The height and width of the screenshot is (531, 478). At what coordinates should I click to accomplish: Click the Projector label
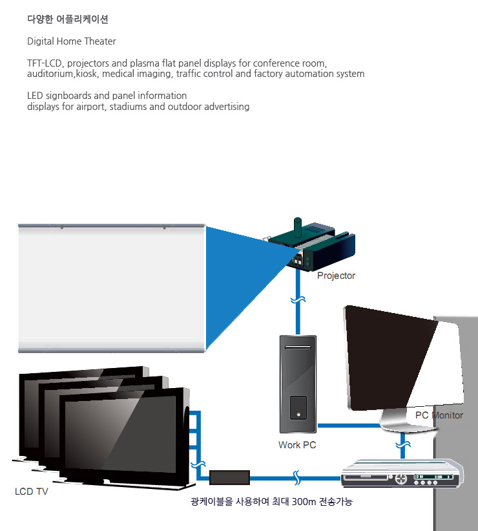336,276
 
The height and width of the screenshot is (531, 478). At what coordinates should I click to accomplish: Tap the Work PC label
297,445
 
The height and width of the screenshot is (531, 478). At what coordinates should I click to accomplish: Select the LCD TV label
32,492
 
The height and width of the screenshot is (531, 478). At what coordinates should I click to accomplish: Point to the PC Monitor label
439,415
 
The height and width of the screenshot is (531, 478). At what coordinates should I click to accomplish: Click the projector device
311,246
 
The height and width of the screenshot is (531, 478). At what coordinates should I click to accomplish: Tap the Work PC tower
298,384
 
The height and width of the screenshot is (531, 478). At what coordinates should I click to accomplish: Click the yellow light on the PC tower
298,414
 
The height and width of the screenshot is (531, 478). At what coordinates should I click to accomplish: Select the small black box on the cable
229,477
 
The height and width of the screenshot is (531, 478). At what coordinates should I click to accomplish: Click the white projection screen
112,288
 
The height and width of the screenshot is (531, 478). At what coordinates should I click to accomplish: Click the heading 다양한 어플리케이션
68,19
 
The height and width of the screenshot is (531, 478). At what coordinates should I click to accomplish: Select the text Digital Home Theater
72,41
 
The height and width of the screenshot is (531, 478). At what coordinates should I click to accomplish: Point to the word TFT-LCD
45,63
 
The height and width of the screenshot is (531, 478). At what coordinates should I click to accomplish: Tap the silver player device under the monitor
402,473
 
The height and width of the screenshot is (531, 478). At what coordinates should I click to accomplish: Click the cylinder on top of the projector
297,227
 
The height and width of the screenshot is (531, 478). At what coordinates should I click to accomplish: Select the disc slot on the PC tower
298,347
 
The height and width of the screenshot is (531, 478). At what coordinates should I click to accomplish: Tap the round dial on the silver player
401,479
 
